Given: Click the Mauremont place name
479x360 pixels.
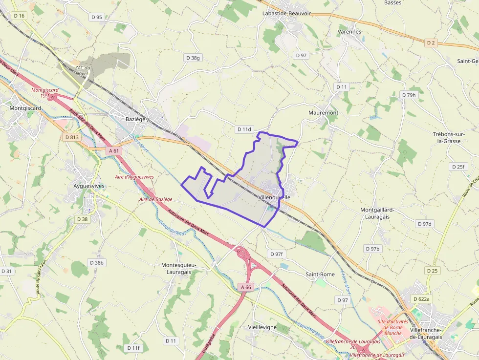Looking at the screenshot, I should (324, 113).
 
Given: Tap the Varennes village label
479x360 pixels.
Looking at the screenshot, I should (349, 32).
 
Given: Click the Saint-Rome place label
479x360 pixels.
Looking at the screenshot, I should (320, 275).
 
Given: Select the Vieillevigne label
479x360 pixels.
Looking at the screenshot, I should (262, 327).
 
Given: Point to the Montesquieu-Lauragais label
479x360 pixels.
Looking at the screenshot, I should (178, 268).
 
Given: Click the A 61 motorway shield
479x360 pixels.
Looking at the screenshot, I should (114, 151).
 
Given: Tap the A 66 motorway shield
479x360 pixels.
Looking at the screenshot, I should (246, 287).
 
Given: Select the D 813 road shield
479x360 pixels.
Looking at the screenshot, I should (72, 137).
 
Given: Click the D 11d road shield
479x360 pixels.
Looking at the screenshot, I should (244, 129).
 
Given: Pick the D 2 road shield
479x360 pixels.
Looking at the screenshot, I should (431, 43).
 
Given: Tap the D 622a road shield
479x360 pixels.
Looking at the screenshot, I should (422, 299).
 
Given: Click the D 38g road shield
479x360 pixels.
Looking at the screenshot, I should (193, 58).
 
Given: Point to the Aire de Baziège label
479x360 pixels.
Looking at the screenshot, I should (156, 199).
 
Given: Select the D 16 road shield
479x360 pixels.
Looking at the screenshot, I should (19, 16).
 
